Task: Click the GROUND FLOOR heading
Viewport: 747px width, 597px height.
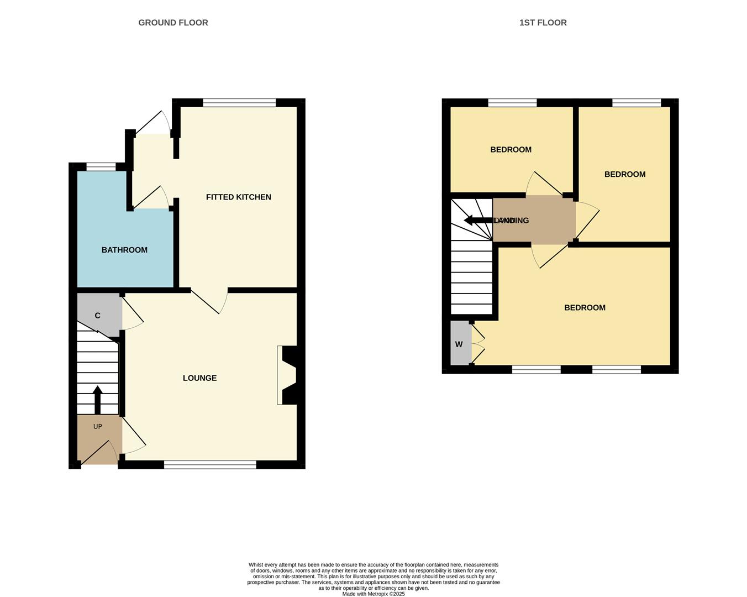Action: coord(173,23)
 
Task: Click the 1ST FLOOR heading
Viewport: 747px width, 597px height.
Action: coord(543,23)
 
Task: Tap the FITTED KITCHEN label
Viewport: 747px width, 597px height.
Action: coord(238,197)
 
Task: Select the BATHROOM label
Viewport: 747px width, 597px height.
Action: coord(124,250)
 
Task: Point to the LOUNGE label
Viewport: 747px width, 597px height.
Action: coord(199,378)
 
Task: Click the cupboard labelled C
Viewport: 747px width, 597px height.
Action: coord(98,316)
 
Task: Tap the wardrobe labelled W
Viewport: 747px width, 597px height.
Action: coord(459,344)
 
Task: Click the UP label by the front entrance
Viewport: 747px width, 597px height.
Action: coord(98,427)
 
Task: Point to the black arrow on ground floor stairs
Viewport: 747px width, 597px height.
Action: coord(98,399)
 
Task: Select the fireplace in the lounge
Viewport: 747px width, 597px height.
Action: coord(288,375)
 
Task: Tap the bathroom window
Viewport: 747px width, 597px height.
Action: coord(101,166)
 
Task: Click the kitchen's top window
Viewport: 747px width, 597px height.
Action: coord(239,102)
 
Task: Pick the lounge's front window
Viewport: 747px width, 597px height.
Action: coord(210,465)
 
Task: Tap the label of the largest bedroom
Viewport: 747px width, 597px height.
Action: coord(585,308)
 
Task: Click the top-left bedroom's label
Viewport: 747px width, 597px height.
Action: coord(511,150)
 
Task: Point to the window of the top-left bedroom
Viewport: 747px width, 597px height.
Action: coord(512,102)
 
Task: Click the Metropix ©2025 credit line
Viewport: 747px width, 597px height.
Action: coord(373,594)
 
